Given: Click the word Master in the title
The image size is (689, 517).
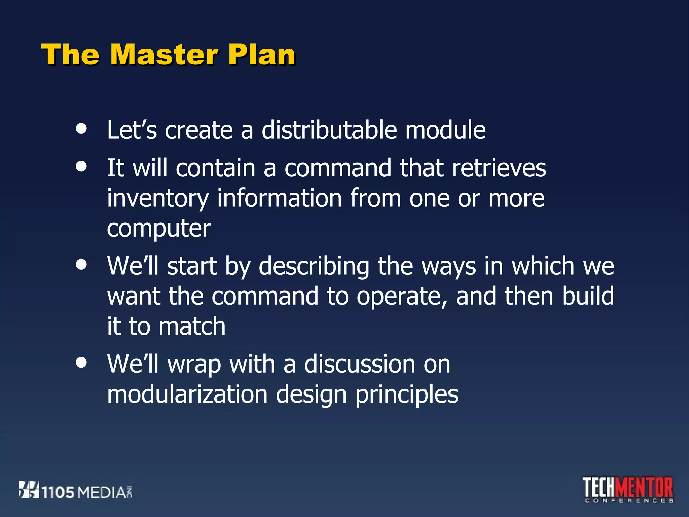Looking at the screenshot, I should [x=164, y=55].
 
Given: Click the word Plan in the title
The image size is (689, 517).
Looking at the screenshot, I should [x=261, y=55].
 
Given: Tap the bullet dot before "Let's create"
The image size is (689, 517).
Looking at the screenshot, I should [x=81, y=128].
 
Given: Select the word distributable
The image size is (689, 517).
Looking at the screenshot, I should [x=329, y=130].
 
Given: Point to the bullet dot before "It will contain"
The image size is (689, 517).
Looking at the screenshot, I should [x=81, y=166].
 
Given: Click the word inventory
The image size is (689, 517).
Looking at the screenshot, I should [x=158, y=199].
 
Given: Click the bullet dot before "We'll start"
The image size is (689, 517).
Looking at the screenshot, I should [x=81, y=264].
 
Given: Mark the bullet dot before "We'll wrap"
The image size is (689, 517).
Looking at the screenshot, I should [x=81, y=363].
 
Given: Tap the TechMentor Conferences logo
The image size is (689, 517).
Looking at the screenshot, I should [x=627, y=489].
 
